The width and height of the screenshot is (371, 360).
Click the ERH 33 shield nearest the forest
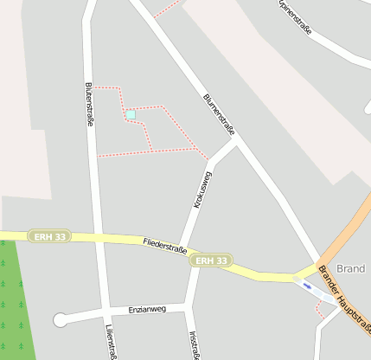[x=48, y=236]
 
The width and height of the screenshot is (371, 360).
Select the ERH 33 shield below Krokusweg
[x=211, y=260]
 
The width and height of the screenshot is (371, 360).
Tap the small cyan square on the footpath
[x=131, y=114]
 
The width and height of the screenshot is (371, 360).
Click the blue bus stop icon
[x=308, y=286]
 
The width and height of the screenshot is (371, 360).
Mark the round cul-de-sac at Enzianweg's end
[x=60, y=319]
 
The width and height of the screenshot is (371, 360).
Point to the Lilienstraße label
[x=110, y=341]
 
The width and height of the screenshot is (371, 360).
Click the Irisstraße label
[x=193, y=343]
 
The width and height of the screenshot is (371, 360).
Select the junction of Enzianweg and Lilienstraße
[x=106, y=311]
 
